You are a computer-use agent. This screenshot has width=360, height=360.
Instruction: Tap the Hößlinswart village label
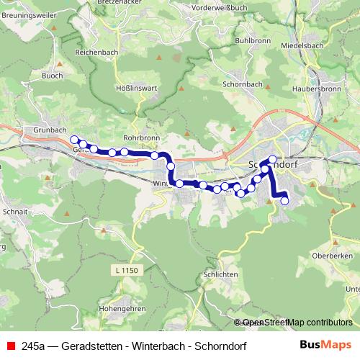tap(132, 89)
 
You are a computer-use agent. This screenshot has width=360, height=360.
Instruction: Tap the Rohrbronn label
tap(140, 135)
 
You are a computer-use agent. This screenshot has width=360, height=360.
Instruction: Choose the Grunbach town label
tap(40, 130)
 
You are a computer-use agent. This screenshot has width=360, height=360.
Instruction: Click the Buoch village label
tap(52, 75)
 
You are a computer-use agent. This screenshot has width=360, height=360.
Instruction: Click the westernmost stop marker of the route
tap(74, 140)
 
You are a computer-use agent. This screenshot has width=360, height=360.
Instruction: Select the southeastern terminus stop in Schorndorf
tap(284, 201)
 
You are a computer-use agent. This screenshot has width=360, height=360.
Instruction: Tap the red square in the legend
tap(11, 346)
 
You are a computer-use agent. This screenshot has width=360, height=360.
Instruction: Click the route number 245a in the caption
tap(33, 346)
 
